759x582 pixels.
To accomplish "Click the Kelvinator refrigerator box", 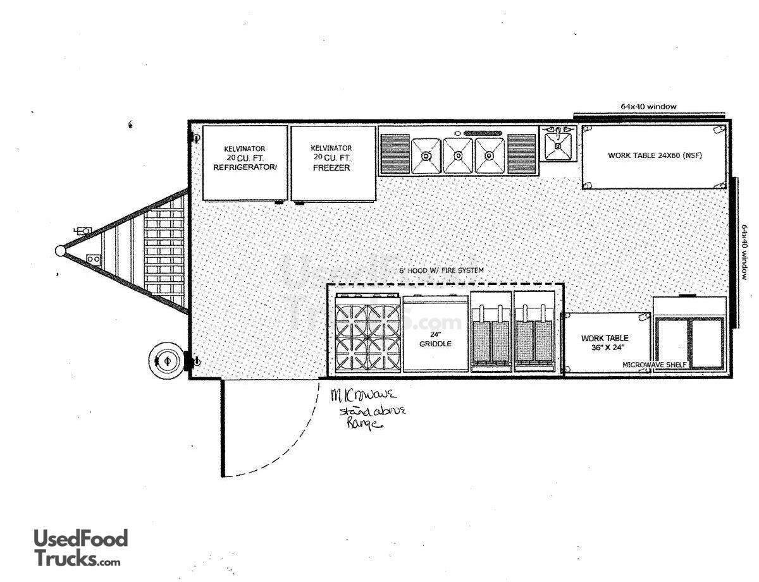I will coord(244,163).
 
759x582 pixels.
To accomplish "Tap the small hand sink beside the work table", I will coord(558,145).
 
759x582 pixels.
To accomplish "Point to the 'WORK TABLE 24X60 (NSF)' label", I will coord(655,155).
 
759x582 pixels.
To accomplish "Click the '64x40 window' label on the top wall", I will coord(648,107).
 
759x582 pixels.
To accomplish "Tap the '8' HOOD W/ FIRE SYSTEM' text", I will coord(441,270).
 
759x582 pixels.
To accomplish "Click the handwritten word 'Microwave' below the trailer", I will coord(364,396).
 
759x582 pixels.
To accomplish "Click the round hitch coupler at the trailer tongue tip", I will coord(60,251).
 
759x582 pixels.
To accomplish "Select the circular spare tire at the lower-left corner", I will coord(167,360).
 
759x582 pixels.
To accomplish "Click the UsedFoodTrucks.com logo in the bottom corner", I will coord(80,547).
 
